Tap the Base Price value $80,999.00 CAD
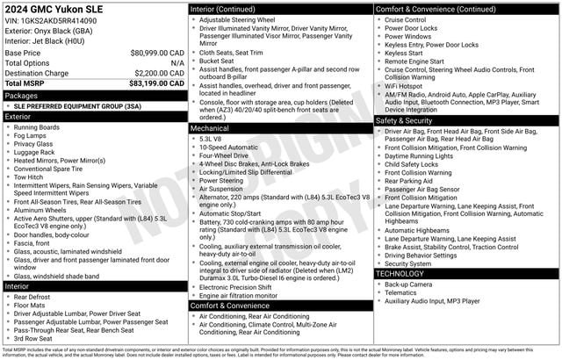(155, 53)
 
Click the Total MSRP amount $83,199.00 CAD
(155, 83)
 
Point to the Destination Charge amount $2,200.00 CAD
(157, 73)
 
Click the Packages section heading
(22, 95)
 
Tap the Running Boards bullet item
(37, 126)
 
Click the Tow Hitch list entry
(31, 176)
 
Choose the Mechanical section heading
(211, 128)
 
